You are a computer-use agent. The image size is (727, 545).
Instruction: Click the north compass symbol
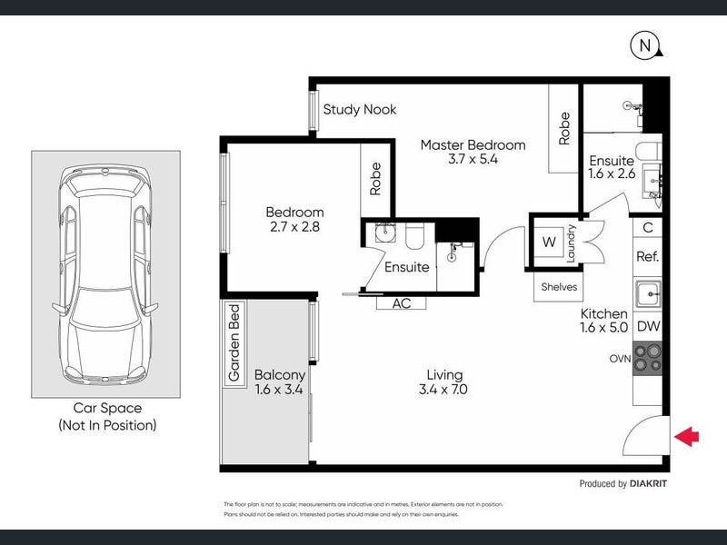[644, 45]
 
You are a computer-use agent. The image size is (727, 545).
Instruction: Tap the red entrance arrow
[688, 438]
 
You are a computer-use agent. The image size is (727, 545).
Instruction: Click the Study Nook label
[360, 110]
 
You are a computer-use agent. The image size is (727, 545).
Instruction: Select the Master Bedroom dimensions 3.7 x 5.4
[473, 159]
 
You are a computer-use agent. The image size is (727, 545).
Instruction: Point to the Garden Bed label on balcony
[234, 342]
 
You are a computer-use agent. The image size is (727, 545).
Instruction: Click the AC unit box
[401, 303]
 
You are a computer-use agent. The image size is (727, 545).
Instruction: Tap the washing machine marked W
[549, 243]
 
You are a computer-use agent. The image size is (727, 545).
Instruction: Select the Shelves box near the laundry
[558, 286]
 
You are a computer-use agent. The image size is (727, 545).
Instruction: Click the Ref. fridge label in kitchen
[647, 257]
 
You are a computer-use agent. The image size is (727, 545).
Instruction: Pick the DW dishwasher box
[648, 326]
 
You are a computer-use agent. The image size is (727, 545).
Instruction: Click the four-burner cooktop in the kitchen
[649, 357]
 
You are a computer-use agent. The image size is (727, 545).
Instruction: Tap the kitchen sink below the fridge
[648, 292]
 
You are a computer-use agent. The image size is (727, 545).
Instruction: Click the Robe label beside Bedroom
[375, 177]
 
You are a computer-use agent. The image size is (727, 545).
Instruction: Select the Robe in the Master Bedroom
[564, 128]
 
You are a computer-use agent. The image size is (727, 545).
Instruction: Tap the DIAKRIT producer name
[648, 484]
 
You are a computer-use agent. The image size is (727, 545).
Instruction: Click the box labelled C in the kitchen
[648, 228]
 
